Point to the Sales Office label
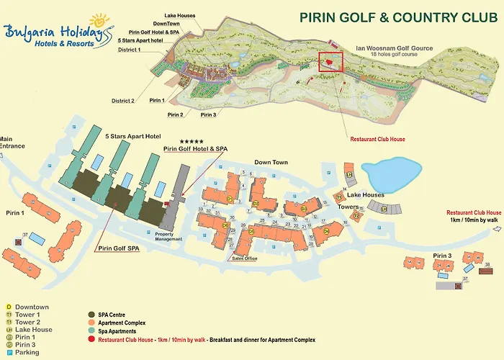pos(244,258)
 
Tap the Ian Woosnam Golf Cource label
pos(395,49)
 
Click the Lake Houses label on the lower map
pos(365,195)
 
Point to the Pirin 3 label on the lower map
pos(442,256)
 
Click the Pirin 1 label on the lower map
pos(13,213)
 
